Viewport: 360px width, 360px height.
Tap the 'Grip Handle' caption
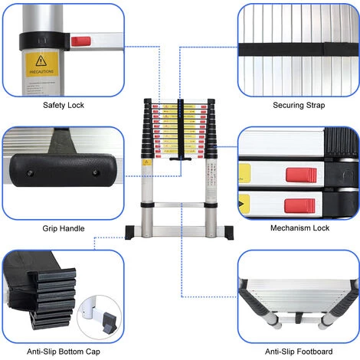click(x=63, y=228)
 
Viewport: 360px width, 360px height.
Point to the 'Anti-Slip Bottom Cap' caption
click(x=63, y=352)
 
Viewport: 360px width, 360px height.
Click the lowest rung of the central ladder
click(x=179, y=227)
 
